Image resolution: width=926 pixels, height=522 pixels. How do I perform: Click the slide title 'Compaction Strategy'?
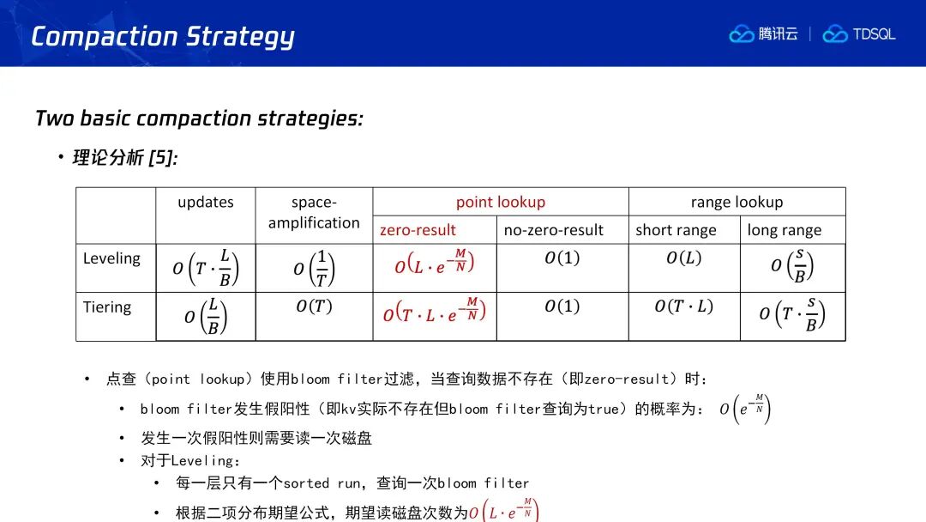pos(162,37)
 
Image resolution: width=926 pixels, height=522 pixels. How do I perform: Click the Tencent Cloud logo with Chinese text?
pos(763,34)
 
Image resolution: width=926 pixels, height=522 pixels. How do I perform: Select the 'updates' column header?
pos(206,202)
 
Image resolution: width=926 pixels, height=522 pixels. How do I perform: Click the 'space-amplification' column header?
pos(314,212)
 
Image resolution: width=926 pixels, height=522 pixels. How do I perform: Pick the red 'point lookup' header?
pos(500,202)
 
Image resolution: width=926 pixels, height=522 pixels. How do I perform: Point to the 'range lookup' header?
pos(737,202)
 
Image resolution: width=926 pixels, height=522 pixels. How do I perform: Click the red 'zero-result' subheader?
pos(418,230)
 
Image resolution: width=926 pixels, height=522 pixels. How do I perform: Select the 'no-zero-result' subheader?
pos(553,230)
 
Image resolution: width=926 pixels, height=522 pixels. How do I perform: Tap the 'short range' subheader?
pos(676,230)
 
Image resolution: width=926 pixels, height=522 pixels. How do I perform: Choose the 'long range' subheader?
pos(785,230)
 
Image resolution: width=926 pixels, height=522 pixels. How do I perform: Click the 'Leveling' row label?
pos(111,258)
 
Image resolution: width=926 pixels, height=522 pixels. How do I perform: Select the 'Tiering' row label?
pos(107,307)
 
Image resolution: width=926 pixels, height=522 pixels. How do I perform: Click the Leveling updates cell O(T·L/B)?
pos(206,269)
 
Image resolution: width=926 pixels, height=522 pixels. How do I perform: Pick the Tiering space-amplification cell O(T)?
pos(314,307)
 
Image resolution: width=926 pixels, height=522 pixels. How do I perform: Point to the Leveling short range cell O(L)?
pos(684,258)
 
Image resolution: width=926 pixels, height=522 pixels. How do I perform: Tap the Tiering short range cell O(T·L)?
pos(684,307)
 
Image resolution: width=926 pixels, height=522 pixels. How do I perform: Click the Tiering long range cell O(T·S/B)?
pos(792,314)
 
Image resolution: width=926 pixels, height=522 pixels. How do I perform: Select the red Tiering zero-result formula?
pos(434,310)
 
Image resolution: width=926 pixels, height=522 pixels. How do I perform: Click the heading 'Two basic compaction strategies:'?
pos(199,118)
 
